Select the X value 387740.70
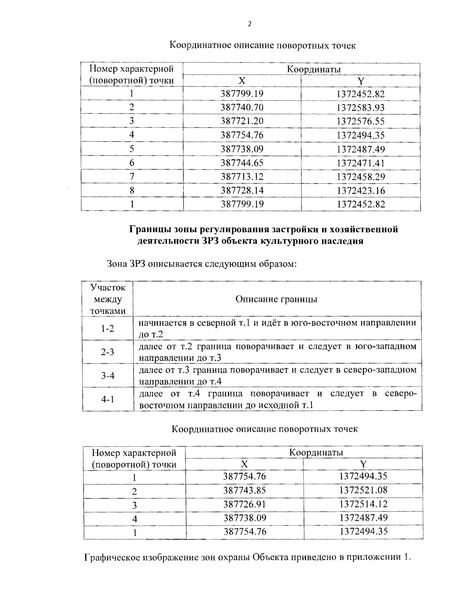[x=242, y=107]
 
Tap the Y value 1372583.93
[x=360, y=107]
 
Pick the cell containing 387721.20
[x=242, y=121]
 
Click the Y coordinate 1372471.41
[x=360, y=163]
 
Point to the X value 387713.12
[x=242, y=176]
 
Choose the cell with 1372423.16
[x=360, y=191]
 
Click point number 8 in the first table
[x=132, y=191]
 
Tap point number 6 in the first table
[x=132, y=163]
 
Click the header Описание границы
[x=276, y=299]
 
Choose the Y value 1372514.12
[x=363, y=504]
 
